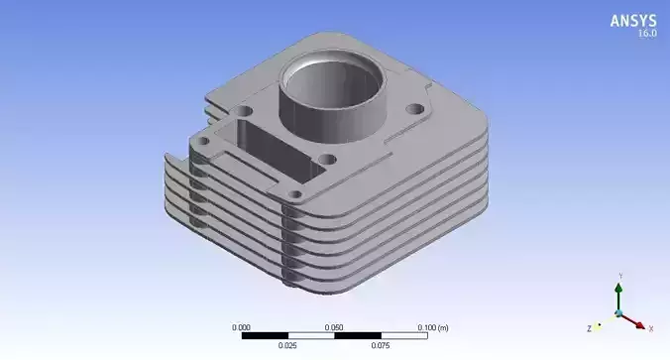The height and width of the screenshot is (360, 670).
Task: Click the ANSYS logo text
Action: [632, 20]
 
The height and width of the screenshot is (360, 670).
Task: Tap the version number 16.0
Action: [645, 34]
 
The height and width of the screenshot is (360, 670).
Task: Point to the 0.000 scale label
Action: [241, 326]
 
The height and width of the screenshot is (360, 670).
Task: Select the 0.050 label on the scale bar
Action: [335, 326]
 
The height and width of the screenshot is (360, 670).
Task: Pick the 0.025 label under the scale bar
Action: [287, 346]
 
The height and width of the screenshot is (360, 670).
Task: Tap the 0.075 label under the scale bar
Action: [381, 346]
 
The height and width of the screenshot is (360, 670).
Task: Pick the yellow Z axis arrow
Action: [600, 324]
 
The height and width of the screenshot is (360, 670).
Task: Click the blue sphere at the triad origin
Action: [618, 313]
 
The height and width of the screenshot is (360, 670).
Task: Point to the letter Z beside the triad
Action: [589, 327]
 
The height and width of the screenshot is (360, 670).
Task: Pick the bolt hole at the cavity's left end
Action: [202, 144]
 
